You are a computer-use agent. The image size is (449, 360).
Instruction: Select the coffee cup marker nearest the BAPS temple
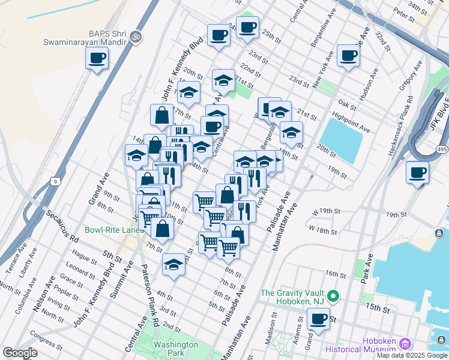pyautogui.click(x=97, y=59)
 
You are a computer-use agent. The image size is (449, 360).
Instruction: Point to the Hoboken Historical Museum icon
pyautogui.click(x=405, y=344)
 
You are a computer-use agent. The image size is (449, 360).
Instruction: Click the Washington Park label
pyautogui.click(x=175, y=349)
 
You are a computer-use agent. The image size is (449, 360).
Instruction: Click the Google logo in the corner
pyautogui.click(x=20, y=353)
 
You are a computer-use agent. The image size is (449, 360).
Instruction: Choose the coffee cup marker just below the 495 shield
pyautogui.click(x=417, y=173)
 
